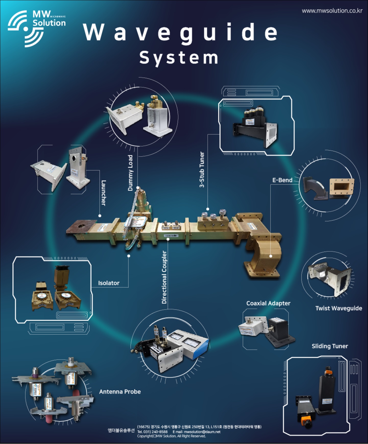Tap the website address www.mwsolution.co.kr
click(x=332, y=11)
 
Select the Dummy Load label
click(x=130, y=173)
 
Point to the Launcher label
click(x=103, y=193)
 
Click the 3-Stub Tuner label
click(x=202, y=170)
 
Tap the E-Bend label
click(x=282, y=180)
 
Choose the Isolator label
click(x=109, y=283)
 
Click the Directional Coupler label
click(x=164, y=277)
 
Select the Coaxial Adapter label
click(x=268, y=303)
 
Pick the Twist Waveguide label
click(x=339, y=308)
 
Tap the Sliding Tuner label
click(x=330, y=346)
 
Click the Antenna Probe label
click(x=120, y=391)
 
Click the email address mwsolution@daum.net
click(x=202, y=432)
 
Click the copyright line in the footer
click(x=171, y=436)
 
